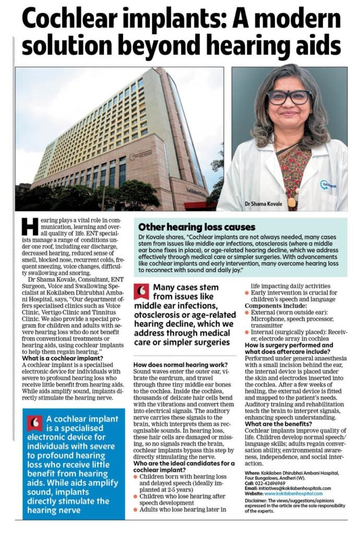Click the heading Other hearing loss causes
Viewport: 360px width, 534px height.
pyautogui.click(x=196, y=227)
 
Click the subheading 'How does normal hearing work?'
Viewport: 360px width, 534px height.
pyautogui.click(x=181, y=365)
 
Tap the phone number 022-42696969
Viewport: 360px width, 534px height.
pyautogui.click(x=273, y=482)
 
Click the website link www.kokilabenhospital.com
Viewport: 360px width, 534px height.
pyautogui.click(x=293, y=493)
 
